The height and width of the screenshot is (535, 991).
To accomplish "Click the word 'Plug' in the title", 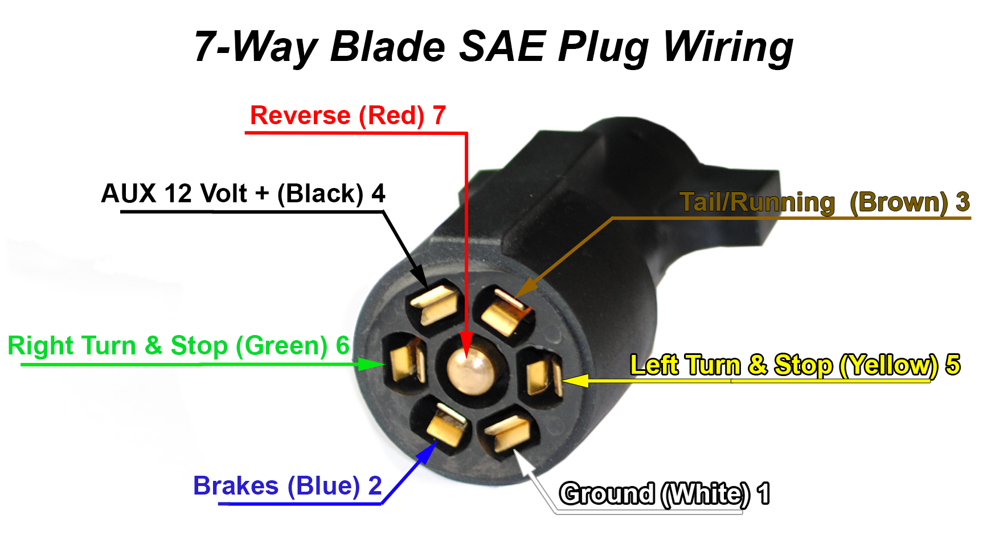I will [x=603, y=48].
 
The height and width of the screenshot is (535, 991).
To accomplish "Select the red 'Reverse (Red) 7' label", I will [x=347, y=116].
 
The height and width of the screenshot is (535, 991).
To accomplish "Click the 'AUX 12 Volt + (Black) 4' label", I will [x=243, y=194].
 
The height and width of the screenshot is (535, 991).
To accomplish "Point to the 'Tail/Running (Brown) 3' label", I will [x=824, y=202].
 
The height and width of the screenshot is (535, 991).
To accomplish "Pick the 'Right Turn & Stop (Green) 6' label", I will [x=178, y=346].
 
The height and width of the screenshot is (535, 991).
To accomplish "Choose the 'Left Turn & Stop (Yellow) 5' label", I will [x=795, y=365].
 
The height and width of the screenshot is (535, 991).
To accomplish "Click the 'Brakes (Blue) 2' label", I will [x=287, y=486].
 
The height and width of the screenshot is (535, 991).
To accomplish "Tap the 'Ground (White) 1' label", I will [x=664, y=493].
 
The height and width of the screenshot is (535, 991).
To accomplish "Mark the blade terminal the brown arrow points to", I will [x=506, y=313].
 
